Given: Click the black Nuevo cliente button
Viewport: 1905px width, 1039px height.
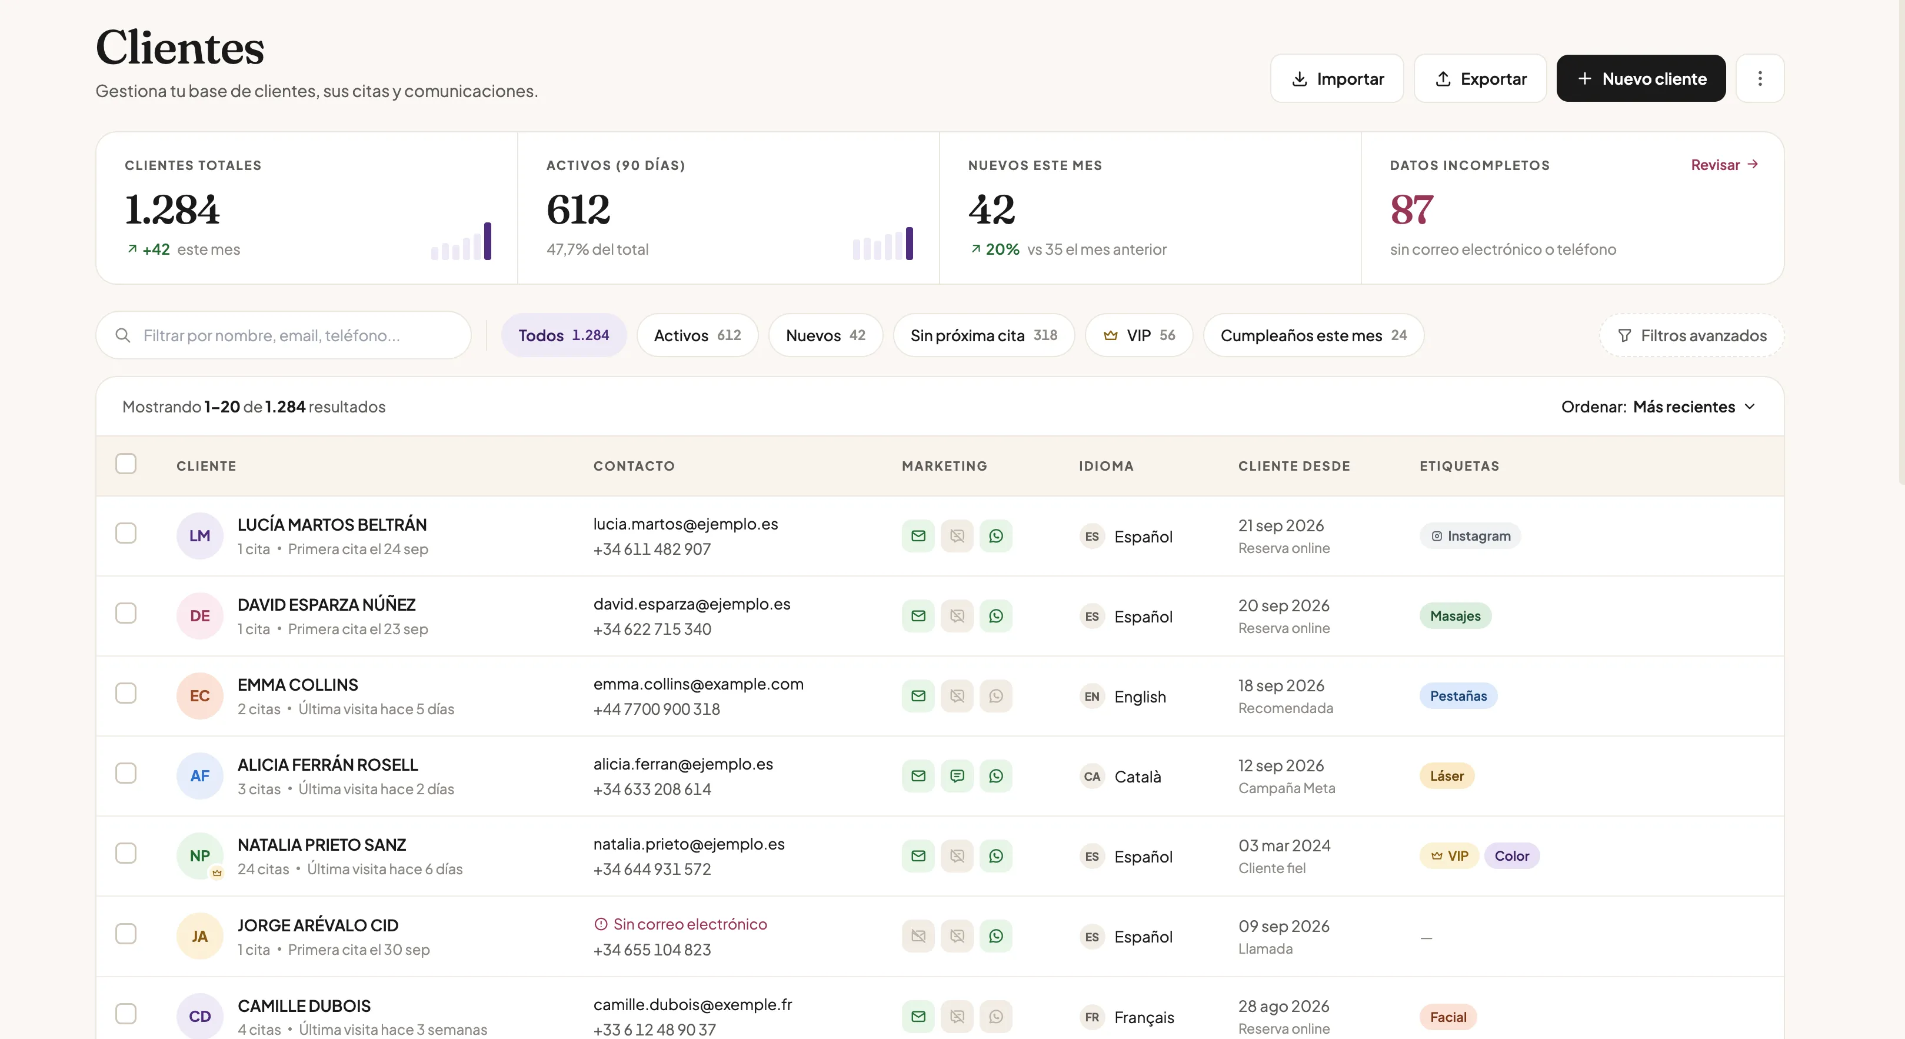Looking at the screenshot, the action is tap(1640, 78).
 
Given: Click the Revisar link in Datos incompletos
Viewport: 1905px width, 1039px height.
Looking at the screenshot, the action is tap(1724, 165).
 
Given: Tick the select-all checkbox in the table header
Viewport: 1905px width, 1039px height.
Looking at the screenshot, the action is tap(126, 464).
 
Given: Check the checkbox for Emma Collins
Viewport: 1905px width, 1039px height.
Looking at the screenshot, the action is tap(126, 693).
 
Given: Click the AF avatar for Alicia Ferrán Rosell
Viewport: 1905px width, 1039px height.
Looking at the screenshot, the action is tap(199, 776).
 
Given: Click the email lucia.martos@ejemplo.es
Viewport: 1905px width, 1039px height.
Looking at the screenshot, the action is tap(685, 524).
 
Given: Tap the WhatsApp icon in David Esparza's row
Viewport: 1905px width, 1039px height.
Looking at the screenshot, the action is tap(995, 616).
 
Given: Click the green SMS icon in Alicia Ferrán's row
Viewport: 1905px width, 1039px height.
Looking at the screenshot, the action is tap(957, 776).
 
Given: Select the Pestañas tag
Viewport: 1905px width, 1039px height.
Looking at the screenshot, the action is tap(1458, 696).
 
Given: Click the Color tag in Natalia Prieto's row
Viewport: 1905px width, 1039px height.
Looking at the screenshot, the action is tap(1511, 855).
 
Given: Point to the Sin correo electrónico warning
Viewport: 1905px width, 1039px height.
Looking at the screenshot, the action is tap(680, 924).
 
